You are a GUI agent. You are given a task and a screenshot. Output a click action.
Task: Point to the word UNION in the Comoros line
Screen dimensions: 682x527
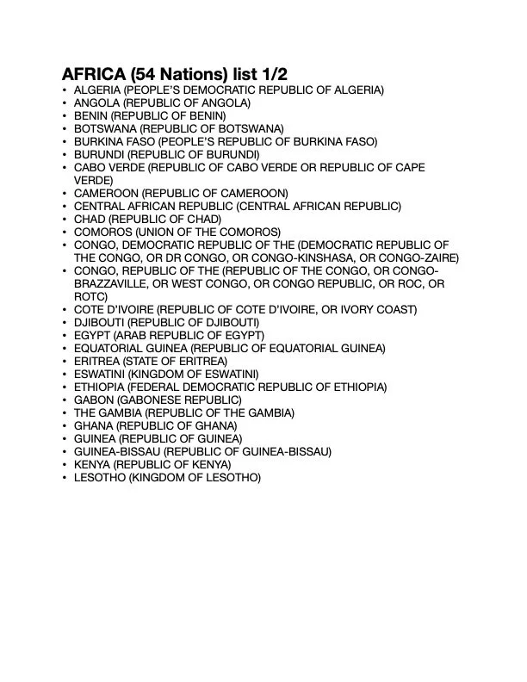(x=158, y=232)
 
